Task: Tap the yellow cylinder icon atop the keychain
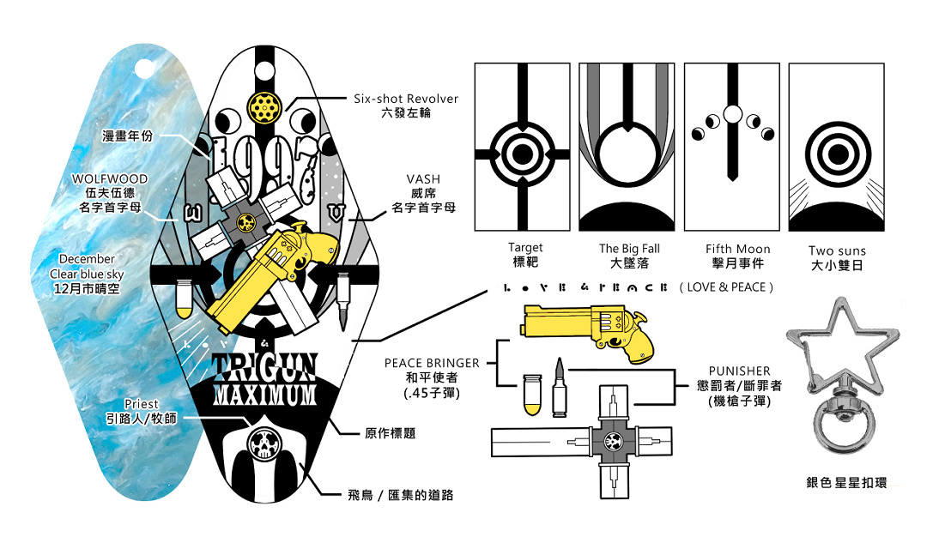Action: pyautogui.click(x=261, y=105)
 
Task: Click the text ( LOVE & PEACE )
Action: pyautogui.click(x=725, y=287)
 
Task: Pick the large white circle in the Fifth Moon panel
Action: pyautogui.click(x=733, y=113)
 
